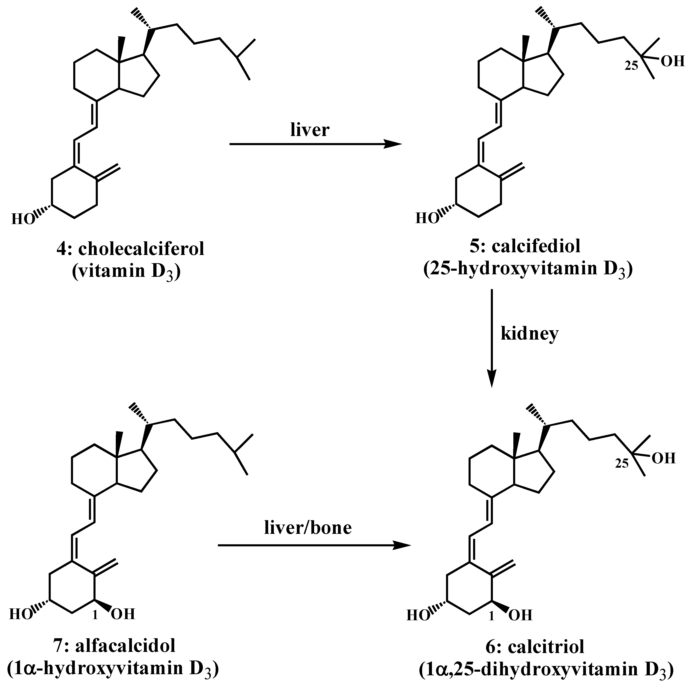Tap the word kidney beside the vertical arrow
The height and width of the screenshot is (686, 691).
tap(529, 334)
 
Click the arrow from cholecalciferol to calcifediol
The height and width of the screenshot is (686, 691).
tap(315, 144)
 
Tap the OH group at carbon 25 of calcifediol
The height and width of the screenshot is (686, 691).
tap(672, 61)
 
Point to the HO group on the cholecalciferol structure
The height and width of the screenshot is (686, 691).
tap(23, 219)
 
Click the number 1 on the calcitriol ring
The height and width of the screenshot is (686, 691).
tap(492, 616)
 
